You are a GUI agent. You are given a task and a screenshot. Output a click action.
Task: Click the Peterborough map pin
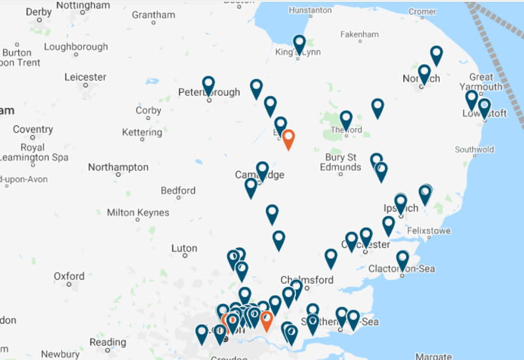[x=208, y=85]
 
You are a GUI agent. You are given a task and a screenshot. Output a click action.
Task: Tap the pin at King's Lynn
[x=299, y=44]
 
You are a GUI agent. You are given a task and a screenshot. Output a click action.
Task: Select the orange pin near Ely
[x=289, y=139]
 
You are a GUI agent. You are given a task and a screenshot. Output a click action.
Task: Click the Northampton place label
[x=118, y=167]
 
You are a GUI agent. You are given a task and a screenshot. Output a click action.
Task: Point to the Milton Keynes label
[x=138, y=213]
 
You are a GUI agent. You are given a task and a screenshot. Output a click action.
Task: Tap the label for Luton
[x=184, y=248]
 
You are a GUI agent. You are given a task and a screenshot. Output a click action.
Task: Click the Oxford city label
[x=69, y=276]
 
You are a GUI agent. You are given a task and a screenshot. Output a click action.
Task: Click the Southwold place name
[x=474, y=149]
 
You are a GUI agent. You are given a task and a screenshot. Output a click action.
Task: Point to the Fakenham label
[x=359, y=35]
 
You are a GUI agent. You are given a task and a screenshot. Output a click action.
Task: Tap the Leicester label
[x=86, y=77]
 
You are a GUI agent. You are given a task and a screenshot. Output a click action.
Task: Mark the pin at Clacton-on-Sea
[x=403, y=260]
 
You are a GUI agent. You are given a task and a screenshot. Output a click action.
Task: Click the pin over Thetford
[x=346, y=120]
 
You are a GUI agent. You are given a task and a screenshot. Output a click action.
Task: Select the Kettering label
[x=142, y=132]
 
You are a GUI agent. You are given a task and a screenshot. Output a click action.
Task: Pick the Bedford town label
[x=178, y=191]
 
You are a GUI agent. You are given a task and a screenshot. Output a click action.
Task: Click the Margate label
[x=434, y=356]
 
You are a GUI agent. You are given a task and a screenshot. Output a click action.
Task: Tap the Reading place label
[x=108, y=342]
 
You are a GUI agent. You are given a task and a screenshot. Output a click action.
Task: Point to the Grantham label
[x=153, y=15]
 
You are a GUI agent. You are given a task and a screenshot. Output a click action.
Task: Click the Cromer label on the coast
[x=422, y=12]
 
